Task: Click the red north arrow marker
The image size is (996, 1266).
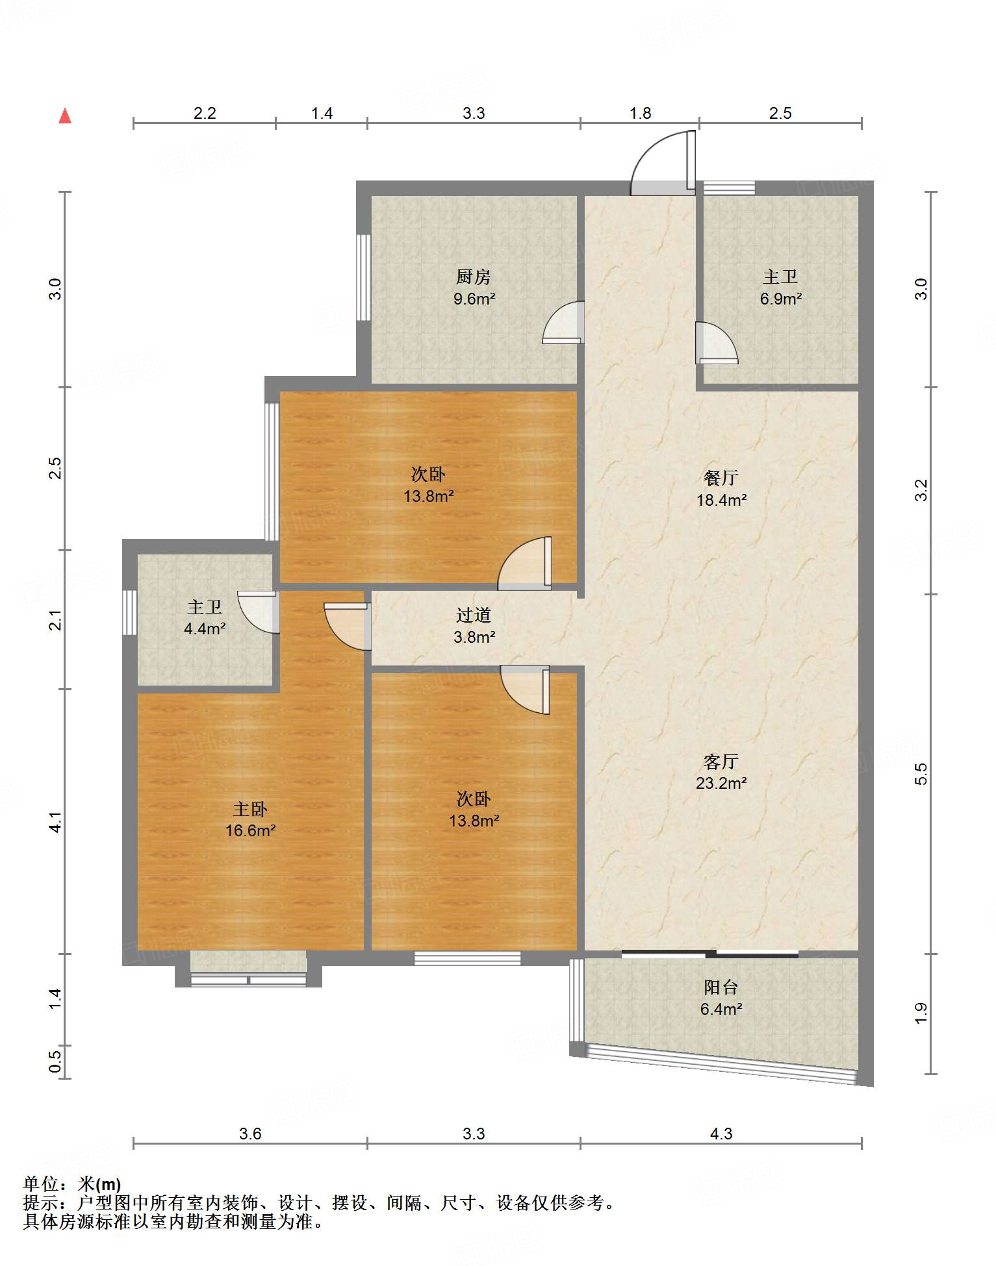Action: pyautogui.click(x=65, y=116)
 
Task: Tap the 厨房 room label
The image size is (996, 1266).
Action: pyautogui.click(x=473, y=277)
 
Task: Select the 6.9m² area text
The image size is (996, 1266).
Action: pyautogui.click(x=781, y=299)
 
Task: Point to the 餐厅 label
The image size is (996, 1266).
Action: pyautogui.click(x=721, y=478)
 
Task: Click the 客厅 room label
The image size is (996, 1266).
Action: pyautogui.click(x=721, y=762)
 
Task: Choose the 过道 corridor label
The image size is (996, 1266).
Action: pyautogui.click(x=473, y=615)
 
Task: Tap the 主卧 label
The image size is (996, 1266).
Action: pyautogui.click(x=250, y=809)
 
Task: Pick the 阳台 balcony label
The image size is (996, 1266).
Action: pyautogui.click(x=721, y=987)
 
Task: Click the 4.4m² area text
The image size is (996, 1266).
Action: pyautogui.click(x=205, y=629)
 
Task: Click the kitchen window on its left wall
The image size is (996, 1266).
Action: pyautogui.click(x=364, y=277)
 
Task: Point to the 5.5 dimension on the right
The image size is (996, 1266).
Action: pyautogui.click(x=921, y=774)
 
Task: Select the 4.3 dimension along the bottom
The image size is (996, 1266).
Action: pyautogui.click(x=721, y=1134)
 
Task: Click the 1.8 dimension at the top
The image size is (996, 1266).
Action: pyautogui.click(x=640, y=113)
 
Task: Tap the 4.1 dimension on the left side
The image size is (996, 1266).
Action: pyautogui.click(x=56, y=822)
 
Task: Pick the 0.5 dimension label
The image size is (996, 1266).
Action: pyautogui.click(x=56, y=1061)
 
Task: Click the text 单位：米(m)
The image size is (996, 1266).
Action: pyautogui.click(x=72, y=1184)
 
